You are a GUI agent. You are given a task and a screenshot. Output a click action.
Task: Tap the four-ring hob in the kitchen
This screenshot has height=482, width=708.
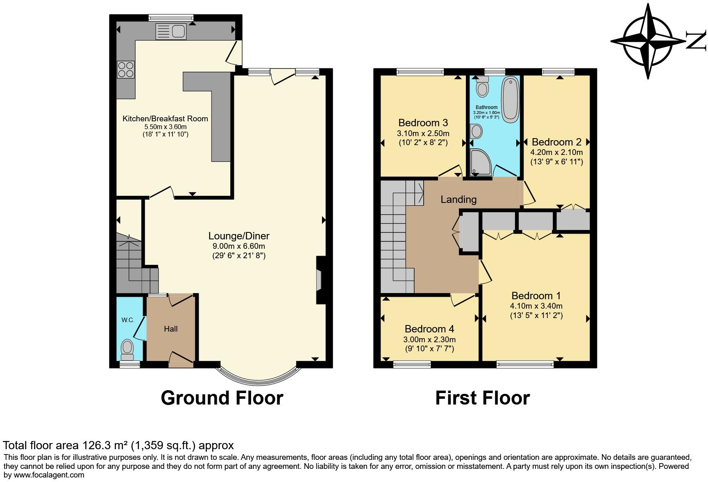click(x=126, y=69)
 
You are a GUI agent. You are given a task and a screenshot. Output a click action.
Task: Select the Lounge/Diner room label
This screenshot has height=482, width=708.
click(x=239, y=236)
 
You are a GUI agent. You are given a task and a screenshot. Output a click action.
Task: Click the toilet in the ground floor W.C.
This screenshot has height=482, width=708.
click(x=127, y=349)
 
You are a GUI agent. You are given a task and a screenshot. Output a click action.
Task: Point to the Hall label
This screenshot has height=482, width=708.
click(x=171, y=329)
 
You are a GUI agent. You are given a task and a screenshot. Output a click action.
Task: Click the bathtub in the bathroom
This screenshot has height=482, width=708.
click(x=511, y=99)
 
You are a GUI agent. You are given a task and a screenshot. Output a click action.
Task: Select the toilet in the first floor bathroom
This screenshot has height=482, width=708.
click(x=482, y=86)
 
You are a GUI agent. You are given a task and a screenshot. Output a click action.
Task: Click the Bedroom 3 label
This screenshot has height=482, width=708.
click(x=423, y=123)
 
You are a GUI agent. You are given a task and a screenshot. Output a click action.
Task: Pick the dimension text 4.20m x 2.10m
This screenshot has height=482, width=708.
click(x=556, y=152)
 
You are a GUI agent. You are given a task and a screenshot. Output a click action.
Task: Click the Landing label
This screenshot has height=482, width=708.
click(x=458, y=200)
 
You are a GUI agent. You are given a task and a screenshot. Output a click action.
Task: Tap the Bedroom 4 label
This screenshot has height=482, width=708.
click(x=429, y=329)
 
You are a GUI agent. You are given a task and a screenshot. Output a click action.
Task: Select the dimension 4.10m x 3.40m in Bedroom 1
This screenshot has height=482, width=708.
click(x=536, y=306)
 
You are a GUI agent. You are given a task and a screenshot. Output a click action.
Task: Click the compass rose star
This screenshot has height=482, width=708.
click(x=648, y=41)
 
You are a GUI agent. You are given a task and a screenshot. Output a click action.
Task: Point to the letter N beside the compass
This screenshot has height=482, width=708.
click(x=696, y=41)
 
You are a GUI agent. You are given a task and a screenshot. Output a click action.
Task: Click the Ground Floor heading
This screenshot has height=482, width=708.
click(x=222, y=398)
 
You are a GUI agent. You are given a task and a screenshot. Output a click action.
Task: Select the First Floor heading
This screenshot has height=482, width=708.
click(x=482, y=398)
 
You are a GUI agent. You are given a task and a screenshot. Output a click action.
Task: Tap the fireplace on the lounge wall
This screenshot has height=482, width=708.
click(x=319, y=281)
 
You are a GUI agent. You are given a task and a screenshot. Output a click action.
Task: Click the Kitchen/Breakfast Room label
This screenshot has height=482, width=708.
click(x=165, y=119)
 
